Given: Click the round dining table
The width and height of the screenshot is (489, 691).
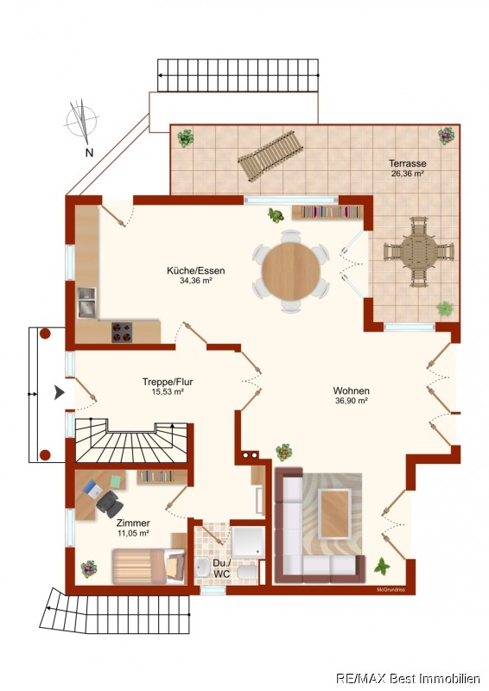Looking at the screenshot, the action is (x=291, y=271).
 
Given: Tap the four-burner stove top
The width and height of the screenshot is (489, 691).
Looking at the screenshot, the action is (x=122, y=333).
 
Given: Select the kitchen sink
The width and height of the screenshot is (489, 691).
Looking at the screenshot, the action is (x=87, y=302).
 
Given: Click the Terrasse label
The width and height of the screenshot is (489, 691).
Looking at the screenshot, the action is (x=408, y=163).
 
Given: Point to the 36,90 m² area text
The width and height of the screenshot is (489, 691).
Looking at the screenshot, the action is (x=352, y=401).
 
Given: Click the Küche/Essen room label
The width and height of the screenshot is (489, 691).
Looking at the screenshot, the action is (x=196, y=270).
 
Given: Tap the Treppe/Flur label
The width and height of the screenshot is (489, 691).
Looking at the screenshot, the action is (x=168, y=382).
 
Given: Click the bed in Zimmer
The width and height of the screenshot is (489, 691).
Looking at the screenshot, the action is (x=148, y=566).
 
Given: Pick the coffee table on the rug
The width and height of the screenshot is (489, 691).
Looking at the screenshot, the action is (x=335, y=514).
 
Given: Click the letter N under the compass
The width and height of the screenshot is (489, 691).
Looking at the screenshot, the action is (x=90, y=153).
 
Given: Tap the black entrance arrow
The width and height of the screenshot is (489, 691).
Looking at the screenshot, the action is (x=59, y=392).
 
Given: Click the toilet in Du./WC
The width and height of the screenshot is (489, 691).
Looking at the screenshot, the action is (x=246, y=573).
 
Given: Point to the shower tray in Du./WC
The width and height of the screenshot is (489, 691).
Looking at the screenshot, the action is (x=248, y=542).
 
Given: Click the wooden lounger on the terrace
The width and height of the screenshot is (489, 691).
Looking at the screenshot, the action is (x=270, y=155).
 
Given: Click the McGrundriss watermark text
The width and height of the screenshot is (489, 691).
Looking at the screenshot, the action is (x=391, y=590).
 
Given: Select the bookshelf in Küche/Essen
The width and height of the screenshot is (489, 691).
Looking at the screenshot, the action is (x=327, y=212).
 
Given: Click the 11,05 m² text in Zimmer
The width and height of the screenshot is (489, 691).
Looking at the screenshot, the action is (x=133, y=533).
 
